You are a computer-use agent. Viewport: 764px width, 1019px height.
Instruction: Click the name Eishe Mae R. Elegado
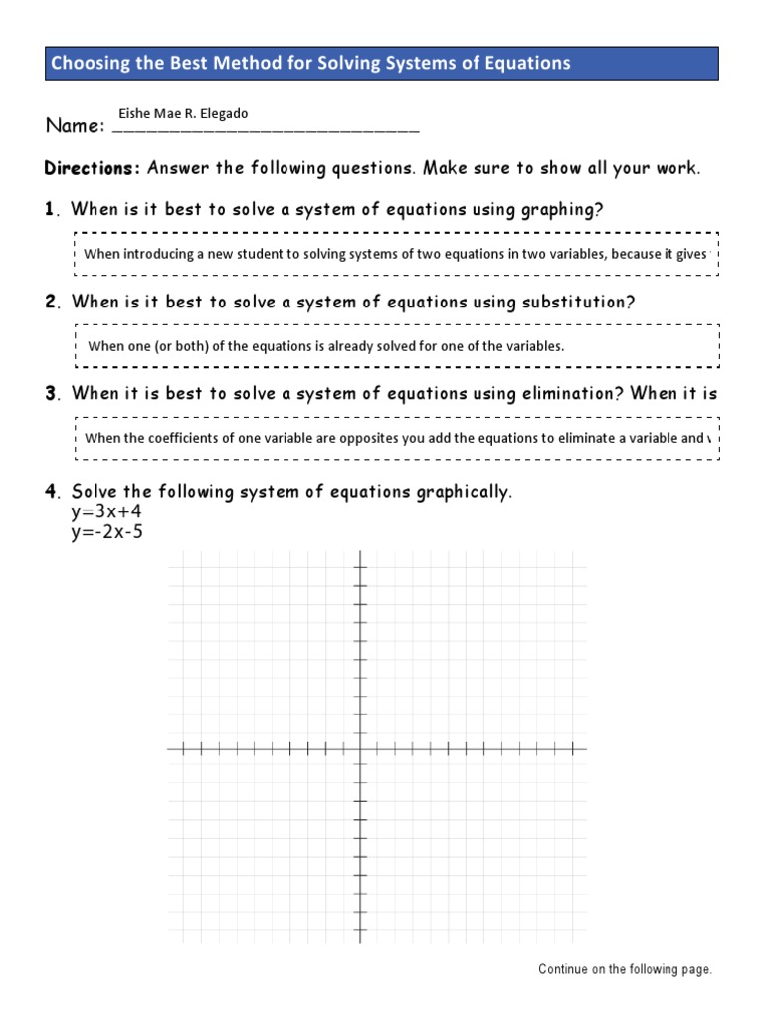(x=183, y=114)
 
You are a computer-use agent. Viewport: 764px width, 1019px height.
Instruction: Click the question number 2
(x=50, y=303)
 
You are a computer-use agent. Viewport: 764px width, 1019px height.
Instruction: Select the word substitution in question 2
(x=577, y=303)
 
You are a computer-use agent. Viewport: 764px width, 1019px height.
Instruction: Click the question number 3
(x=50, y=394)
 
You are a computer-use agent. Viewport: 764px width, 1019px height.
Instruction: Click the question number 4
(x=50, y=492)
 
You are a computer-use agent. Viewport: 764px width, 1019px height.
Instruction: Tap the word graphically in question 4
(x=460, y=492)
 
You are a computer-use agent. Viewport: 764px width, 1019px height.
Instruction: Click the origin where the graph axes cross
(x=360, y=749)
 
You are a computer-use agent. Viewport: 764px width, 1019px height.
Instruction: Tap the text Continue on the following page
(x=625, y=969)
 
